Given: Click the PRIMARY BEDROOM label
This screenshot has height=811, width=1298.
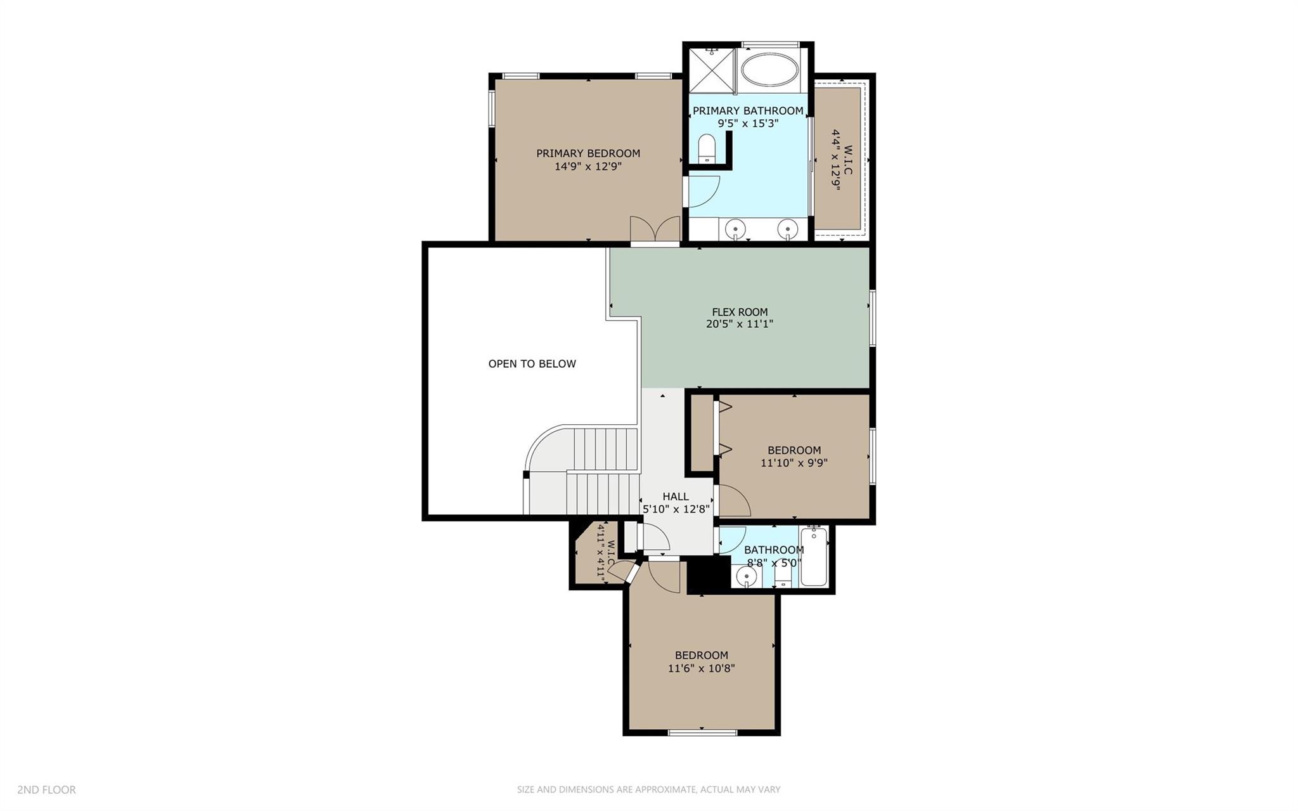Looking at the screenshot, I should tap(588, 153).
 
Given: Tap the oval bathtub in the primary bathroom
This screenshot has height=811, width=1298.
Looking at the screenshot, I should tap(771, 70).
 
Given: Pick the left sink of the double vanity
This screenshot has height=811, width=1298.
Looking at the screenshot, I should tap(736, 228).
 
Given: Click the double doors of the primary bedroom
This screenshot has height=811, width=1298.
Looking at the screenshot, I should tap(655, 230).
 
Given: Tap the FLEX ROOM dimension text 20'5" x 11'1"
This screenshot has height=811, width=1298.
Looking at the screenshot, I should tap(740, 324).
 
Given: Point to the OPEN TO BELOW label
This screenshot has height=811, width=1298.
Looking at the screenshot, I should tap(532, 364).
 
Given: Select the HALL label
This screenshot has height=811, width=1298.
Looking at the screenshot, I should tap(676, 496).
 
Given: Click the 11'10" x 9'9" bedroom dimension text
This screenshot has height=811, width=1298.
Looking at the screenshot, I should tap(794, 463).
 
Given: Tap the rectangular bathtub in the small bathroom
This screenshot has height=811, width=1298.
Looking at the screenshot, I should tap(813, 557).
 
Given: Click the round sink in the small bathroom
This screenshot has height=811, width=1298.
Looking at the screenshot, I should tap(747, 576).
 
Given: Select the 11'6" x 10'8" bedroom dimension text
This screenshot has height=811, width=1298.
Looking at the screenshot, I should tap(701, 668).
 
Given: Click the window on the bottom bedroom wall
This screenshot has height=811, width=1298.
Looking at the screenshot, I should tap(702, 733).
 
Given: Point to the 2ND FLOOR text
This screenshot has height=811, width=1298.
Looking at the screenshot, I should tap(46, 789).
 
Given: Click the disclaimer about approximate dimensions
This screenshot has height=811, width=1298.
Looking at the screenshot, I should tap(648, 789).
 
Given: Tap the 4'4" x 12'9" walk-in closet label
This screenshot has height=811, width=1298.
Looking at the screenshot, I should tap(842, 159).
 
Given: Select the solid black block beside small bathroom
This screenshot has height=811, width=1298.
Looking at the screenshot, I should tap(709, 574).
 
